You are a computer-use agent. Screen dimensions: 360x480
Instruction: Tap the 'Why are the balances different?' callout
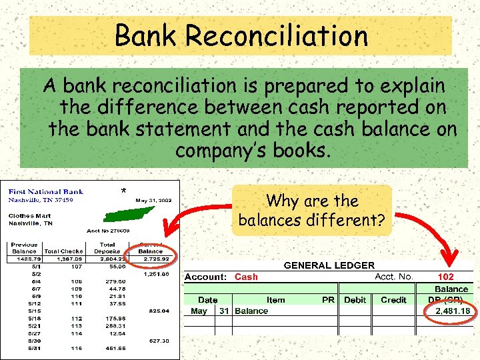coord(311,210)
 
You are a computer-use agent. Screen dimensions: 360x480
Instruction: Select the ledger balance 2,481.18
coord(453,311)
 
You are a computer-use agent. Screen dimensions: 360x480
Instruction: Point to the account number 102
coord(445,276)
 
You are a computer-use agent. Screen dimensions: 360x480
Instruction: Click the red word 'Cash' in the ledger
coord(246,276)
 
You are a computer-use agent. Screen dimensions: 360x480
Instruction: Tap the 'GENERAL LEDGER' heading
coord(329,265)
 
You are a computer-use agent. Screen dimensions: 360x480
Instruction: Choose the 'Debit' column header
coord(355,300)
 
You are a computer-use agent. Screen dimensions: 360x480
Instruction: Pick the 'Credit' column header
coord(393,300)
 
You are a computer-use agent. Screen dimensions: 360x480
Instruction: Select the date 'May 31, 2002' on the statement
coord(154,200)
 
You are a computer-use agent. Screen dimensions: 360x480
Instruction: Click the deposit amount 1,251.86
coord(156,273)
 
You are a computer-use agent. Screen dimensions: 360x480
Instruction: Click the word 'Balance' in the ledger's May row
coord(252,311)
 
